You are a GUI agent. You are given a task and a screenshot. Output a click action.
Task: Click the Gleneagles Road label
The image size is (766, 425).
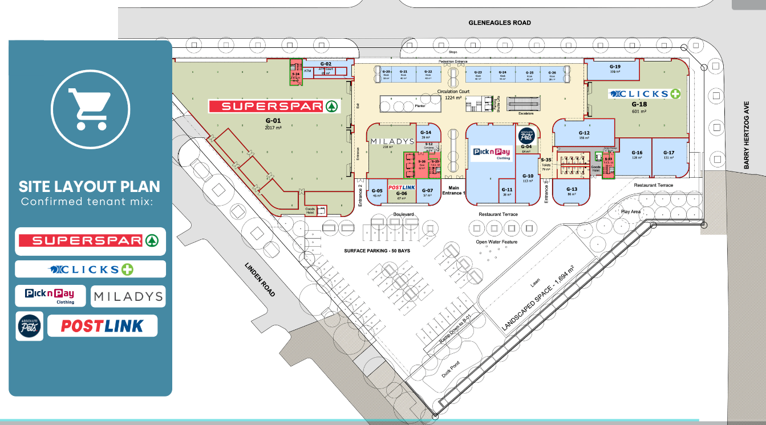click(500, 23)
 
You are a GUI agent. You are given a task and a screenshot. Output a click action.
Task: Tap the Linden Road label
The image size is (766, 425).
click(260, 279)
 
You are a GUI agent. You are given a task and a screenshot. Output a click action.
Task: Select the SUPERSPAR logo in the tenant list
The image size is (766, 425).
click(90, 241)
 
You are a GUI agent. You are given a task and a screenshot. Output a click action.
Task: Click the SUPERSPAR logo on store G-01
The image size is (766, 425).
click(274, 106)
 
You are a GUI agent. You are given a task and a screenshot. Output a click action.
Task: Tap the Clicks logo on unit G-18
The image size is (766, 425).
click(645, 94)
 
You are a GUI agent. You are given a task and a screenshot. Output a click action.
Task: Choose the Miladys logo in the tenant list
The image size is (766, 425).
click(128, 296)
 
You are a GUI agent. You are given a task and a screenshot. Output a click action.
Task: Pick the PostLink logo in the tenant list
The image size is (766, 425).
click(102, 326)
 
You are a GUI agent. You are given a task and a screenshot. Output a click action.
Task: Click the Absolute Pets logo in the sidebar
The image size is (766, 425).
click(29, 326)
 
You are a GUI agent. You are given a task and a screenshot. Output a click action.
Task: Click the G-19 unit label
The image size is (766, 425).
click(614, 67)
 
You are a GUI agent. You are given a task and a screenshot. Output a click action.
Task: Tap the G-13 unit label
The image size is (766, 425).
click(572, 189)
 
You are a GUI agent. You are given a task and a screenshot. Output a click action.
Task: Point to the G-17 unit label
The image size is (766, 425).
click(668, 153)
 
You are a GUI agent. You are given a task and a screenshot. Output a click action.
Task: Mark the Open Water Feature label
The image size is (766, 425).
click(497, 242)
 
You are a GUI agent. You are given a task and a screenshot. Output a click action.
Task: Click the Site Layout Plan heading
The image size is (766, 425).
click(90, 186)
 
